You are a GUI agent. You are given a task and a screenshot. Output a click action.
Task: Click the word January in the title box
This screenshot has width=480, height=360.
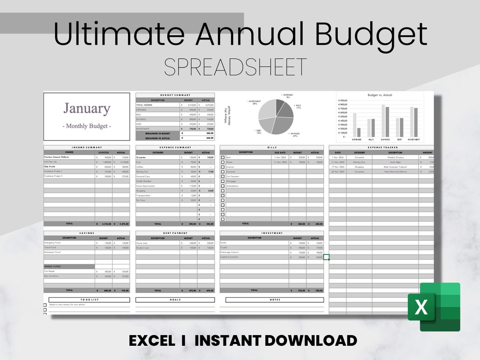coord(87,108)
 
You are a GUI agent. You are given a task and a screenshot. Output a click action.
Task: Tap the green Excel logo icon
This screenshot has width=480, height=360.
coord(433,307)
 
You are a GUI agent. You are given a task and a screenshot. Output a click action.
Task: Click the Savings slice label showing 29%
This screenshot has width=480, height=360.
coord(294,135)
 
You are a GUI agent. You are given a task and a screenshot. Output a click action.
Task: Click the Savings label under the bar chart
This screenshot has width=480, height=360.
coord(385,139)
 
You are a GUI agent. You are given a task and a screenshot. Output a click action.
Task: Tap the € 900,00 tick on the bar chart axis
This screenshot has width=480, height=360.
coord(343,100)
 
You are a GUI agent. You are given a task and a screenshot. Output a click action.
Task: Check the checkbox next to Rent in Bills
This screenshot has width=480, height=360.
coord(223,157)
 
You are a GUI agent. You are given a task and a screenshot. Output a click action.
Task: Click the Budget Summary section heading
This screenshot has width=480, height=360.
coord(175,95)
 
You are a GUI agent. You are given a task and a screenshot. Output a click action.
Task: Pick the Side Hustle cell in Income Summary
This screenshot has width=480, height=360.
coord(50,167)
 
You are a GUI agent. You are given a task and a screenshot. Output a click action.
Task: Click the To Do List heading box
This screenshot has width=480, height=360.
coord(87,300)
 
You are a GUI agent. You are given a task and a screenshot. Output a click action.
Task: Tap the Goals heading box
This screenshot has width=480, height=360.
coord(175,300)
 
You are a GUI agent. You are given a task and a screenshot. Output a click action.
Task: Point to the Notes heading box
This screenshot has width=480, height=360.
coord(275,300)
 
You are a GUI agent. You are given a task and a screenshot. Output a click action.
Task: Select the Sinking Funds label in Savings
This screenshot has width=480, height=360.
coord(52,267)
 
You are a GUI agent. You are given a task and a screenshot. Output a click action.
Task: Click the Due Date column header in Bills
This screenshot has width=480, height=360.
coord(280,152)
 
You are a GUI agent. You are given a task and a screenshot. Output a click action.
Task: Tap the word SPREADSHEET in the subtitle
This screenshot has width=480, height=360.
coord(235,67)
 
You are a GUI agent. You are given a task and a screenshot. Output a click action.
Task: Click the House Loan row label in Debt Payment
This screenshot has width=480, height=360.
coord(143,243)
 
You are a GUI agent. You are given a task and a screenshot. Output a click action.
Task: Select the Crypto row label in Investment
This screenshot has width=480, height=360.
coord(224,248)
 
